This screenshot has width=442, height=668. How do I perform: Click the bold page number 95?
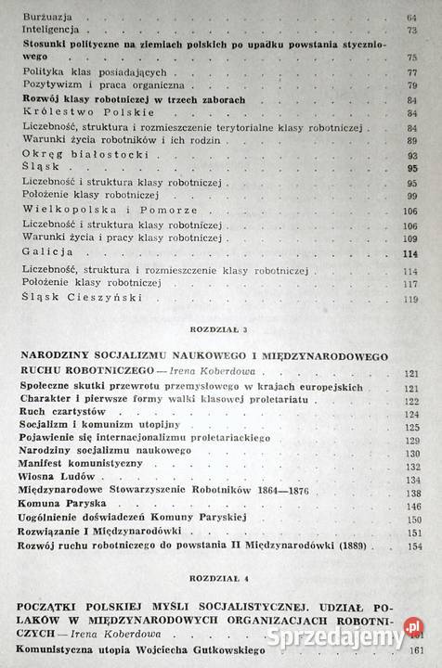coord(411,168)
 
